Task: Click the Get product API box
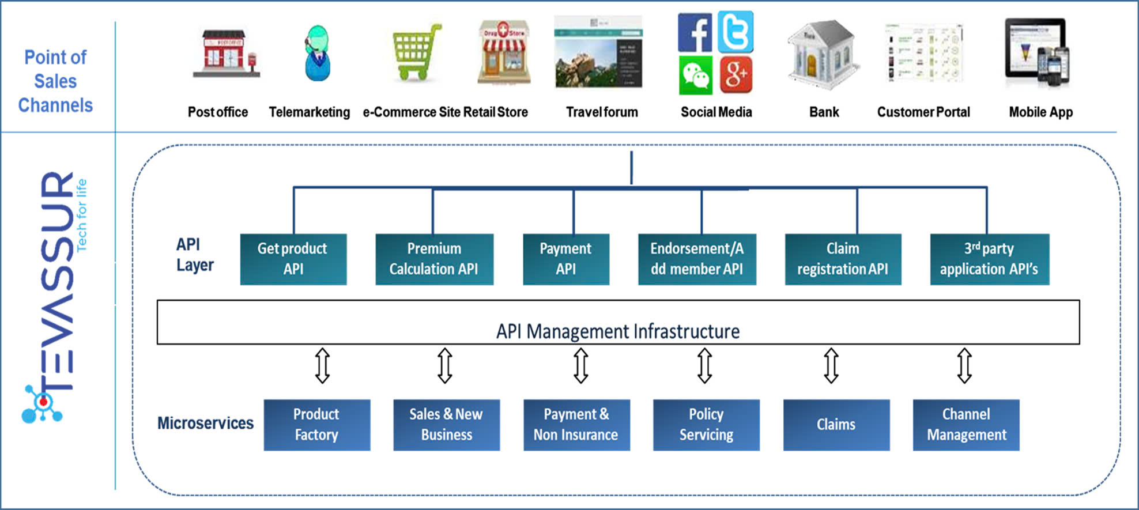point(293,259)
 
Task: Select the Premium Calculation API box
point(434,259)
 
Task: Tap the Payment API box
point(565,259)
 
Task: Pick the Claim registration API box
point(843,259)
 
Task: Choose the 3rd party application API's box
point(989,259)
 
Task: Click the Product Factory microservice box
point(316,425)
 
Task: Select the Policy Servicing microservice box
point(706,425)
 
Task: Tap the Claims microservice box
point(836,425)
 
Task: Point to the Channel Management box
point(966,425)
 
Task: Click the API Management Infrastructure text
point(618,331)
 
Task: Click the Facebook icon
point(695,32)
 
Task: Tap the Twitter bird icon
point(736,32)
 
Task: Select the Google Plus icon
point(736,75)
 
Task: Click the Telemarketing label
point(310,112)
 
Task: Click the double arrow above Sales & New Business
point(444,365)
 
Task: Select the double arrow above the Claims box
point(831,365)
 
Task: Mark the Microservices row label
point(205,423)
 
